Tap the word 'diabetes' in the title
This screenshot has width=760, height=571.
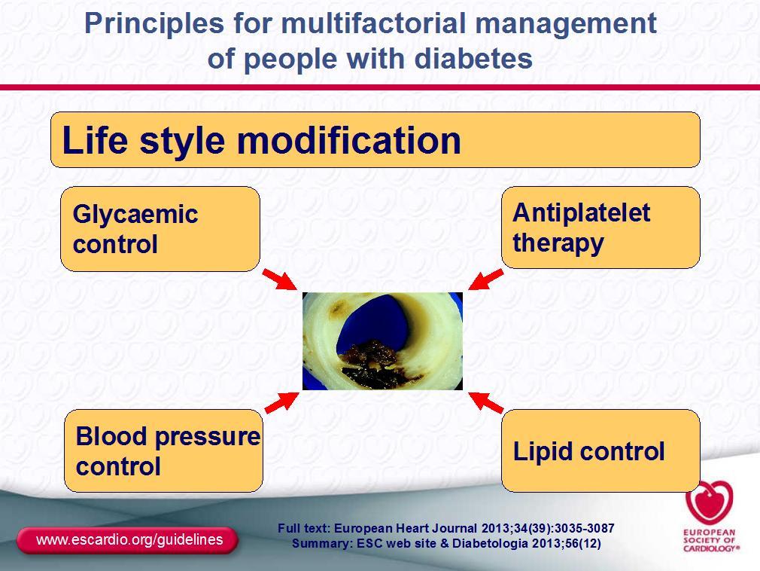click(473, 59)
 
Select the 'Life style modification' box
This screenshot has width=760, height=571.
click(375, 139)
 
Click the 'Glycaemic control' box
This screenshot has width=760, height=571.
click(160, 229)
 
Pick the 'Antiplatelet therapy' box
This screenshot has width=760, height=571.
click(600, 227)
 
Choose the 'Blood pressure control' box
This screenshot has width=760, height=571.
click(164, 450)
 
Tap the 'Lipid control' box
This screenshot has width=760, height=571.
click(600, 450)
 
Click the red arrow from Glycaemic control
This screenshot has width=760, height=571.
click(280, 279)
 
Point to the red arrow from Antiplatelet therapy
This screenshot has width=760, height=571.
click(485, 279)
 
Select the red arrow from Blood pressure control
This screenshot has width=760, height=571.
click(282, 403)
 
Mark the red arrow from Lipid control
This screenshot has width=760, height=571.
click(485, 403)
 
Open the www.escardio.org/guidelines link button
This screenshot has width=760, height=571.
click(127, 540)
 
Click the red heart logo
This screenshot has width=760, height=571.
click(710, 502)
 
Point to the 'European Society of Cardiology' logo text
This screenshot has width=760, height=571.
click(711, 540)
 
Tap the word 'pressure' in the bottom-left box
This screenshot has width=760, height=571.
click(208, 437)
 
